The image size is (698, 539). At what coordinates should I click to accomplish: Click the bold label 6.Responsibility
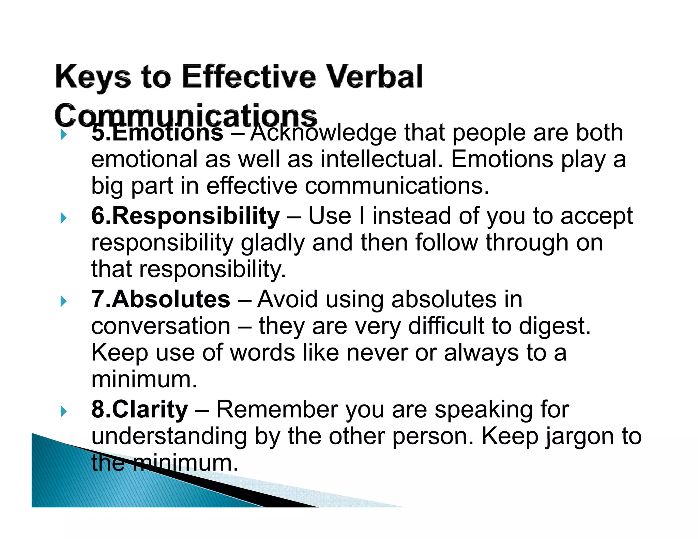pyautogui.click(x=185, y=216)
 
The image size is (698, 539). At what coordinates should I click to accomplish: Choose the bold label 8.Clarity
pyautogui.click(x=139, y=410)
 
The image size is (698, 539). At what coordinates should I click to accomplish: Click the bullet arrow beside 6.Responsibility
pyautogui.click(x=63, y=218)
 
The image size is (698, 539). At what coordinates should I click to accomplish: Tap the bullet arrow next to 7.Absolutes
pyautogui.click(x=63, y=301)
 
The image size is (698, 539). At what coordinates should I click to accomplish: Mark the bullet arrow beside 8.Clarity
pyautogui.click(x=63, y=412)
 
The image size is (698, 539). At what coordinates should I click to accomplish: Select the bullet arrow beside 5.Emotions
pyautogui.click(x=63, y=135)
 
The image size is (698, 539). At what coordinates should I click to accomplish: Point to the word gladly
pyautogui.click(x=273, y=243)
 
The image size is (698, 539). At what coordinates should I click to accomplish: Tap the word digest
pyautogui.click(x=555, y=326)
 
